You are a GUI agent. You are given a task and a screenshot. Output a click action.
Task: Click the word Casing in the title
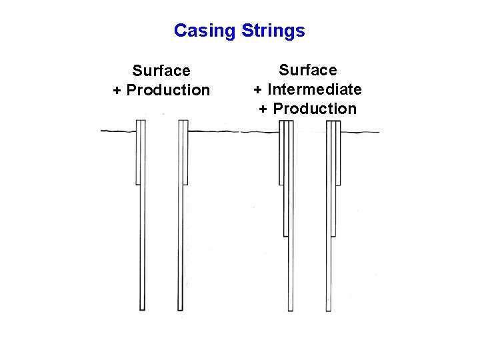204,31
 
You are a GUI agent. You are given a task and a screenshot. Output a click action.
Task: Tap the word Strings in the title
273,31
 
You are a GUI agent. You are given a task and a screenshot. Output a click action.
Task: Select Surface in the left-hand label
161,71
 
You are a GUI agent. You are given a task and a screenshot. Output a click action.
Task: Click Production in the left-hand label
168,90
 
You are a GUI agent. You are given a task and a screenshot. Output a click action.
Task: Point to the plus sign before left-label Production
117,90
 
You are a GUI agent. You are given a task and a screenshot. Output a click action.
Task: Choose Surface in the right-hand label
308,70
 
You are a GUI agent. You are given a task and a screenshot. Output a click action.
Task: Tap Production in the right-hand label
315,109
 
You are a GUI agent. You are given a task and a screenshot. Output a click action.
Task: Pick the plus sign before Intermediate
258,89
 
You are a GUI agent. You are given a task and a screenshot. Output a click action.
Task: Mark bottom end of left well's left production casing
142,309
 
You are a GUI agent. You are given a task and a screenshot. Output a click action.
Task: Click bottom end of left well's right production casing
180,309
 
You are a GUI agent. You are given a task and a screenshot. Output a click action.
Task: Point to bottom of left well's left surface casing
137,183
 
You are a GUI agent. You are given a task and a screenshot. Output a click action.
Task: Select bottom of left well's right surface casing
185,183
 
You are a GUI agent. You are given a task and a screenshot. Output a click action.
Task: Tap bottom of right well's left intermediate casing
286,235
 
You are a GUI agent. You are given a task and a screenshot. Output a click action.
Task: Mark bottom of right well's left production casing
290,310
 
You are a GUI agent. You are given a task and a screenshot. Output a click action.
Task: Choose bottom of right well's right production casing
328,310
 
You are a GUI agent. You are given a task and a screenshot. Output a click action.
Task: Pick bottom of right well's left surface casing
281,184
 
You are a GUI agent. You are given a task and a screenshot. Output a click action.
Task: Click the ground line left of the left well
117,131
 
